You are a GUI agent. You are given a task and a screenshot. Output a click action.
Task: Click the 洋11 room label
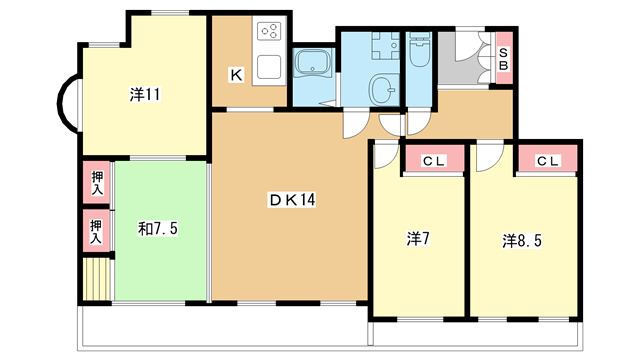pyautogui.click(x=145, y=95)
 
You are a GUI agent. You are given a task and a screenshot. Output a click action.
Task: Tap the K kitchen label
pyautogui.click(x=236, y=75)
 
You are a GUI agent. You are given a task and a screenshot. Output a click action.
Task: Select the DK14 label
pyautogui.click(x=292, y=200)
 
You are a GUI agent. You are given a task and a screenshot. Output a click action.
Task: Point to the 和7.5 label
pyautogui.click(x=158, y=229)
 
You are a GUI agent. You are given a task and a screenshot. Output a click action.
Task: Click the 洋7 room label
pyautogui.click(x=418, y=239)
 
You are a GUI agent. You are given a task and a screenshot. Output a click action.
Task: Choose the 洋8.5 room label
pyautogui.click(x=522, y=241)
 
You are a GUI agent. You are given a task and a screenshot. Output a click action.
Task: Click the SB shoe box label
pyautogui.click(x=504, y=59)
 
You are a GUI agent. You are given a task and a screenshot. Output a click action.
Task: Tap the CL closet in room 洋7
pyautogui.click(x=433, y=160)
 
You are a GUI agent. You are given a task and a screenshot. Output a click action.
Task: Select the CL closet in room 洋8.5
pyautogui.click(x=547, y=160)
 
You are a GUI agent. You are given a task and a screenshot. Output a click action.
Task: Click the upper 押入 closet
pyautogui.click(x=97, y=182)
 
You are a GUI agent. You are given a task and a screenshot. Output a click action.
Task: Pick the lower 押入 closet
pyautogui.click(x=97, y=231)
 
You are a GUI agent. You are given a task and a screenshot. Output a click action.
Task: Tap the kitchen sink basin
pyautogui.click(x=269, y=67)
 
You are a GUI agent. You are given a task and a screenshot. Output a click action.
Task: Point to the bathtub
pyautogui.click(x=313, y=63)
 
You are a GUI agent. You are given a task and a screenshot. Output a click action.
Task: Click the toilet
pyautogui.click(x=420, y=50)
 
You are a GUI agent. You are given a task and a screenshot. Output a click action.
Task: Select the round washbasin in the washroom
pyautogui.click(x=384, y=90)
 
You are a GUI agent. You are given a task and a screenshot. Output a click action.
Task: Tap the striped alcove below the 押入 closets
pyautogui.click(x=97, y=279)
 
